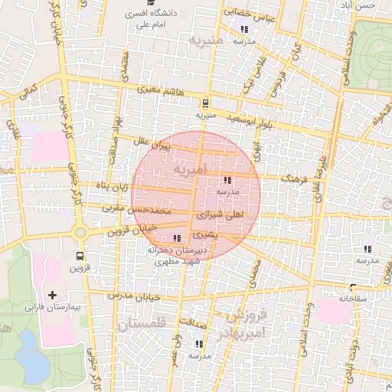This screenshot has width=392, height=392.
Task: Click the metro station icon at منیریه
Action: [x=204, y=102]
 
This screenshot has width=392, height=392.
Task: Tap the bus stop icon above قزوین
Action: [x=80, y=256]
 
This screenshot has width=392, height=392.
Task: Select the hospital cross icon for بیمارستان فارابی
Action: [x=52, y=295]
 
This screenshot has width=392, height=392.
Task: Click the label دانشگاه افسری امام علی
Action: [x=156, y=18]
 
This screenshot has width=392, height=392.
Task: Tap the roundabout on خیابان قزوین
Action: [x=80, y=232]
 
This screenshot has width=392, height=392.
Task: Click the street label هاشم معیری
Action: [x=162, y=90]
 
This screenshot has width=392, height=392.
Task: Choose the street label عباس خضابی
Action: [x=248, y=13]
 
